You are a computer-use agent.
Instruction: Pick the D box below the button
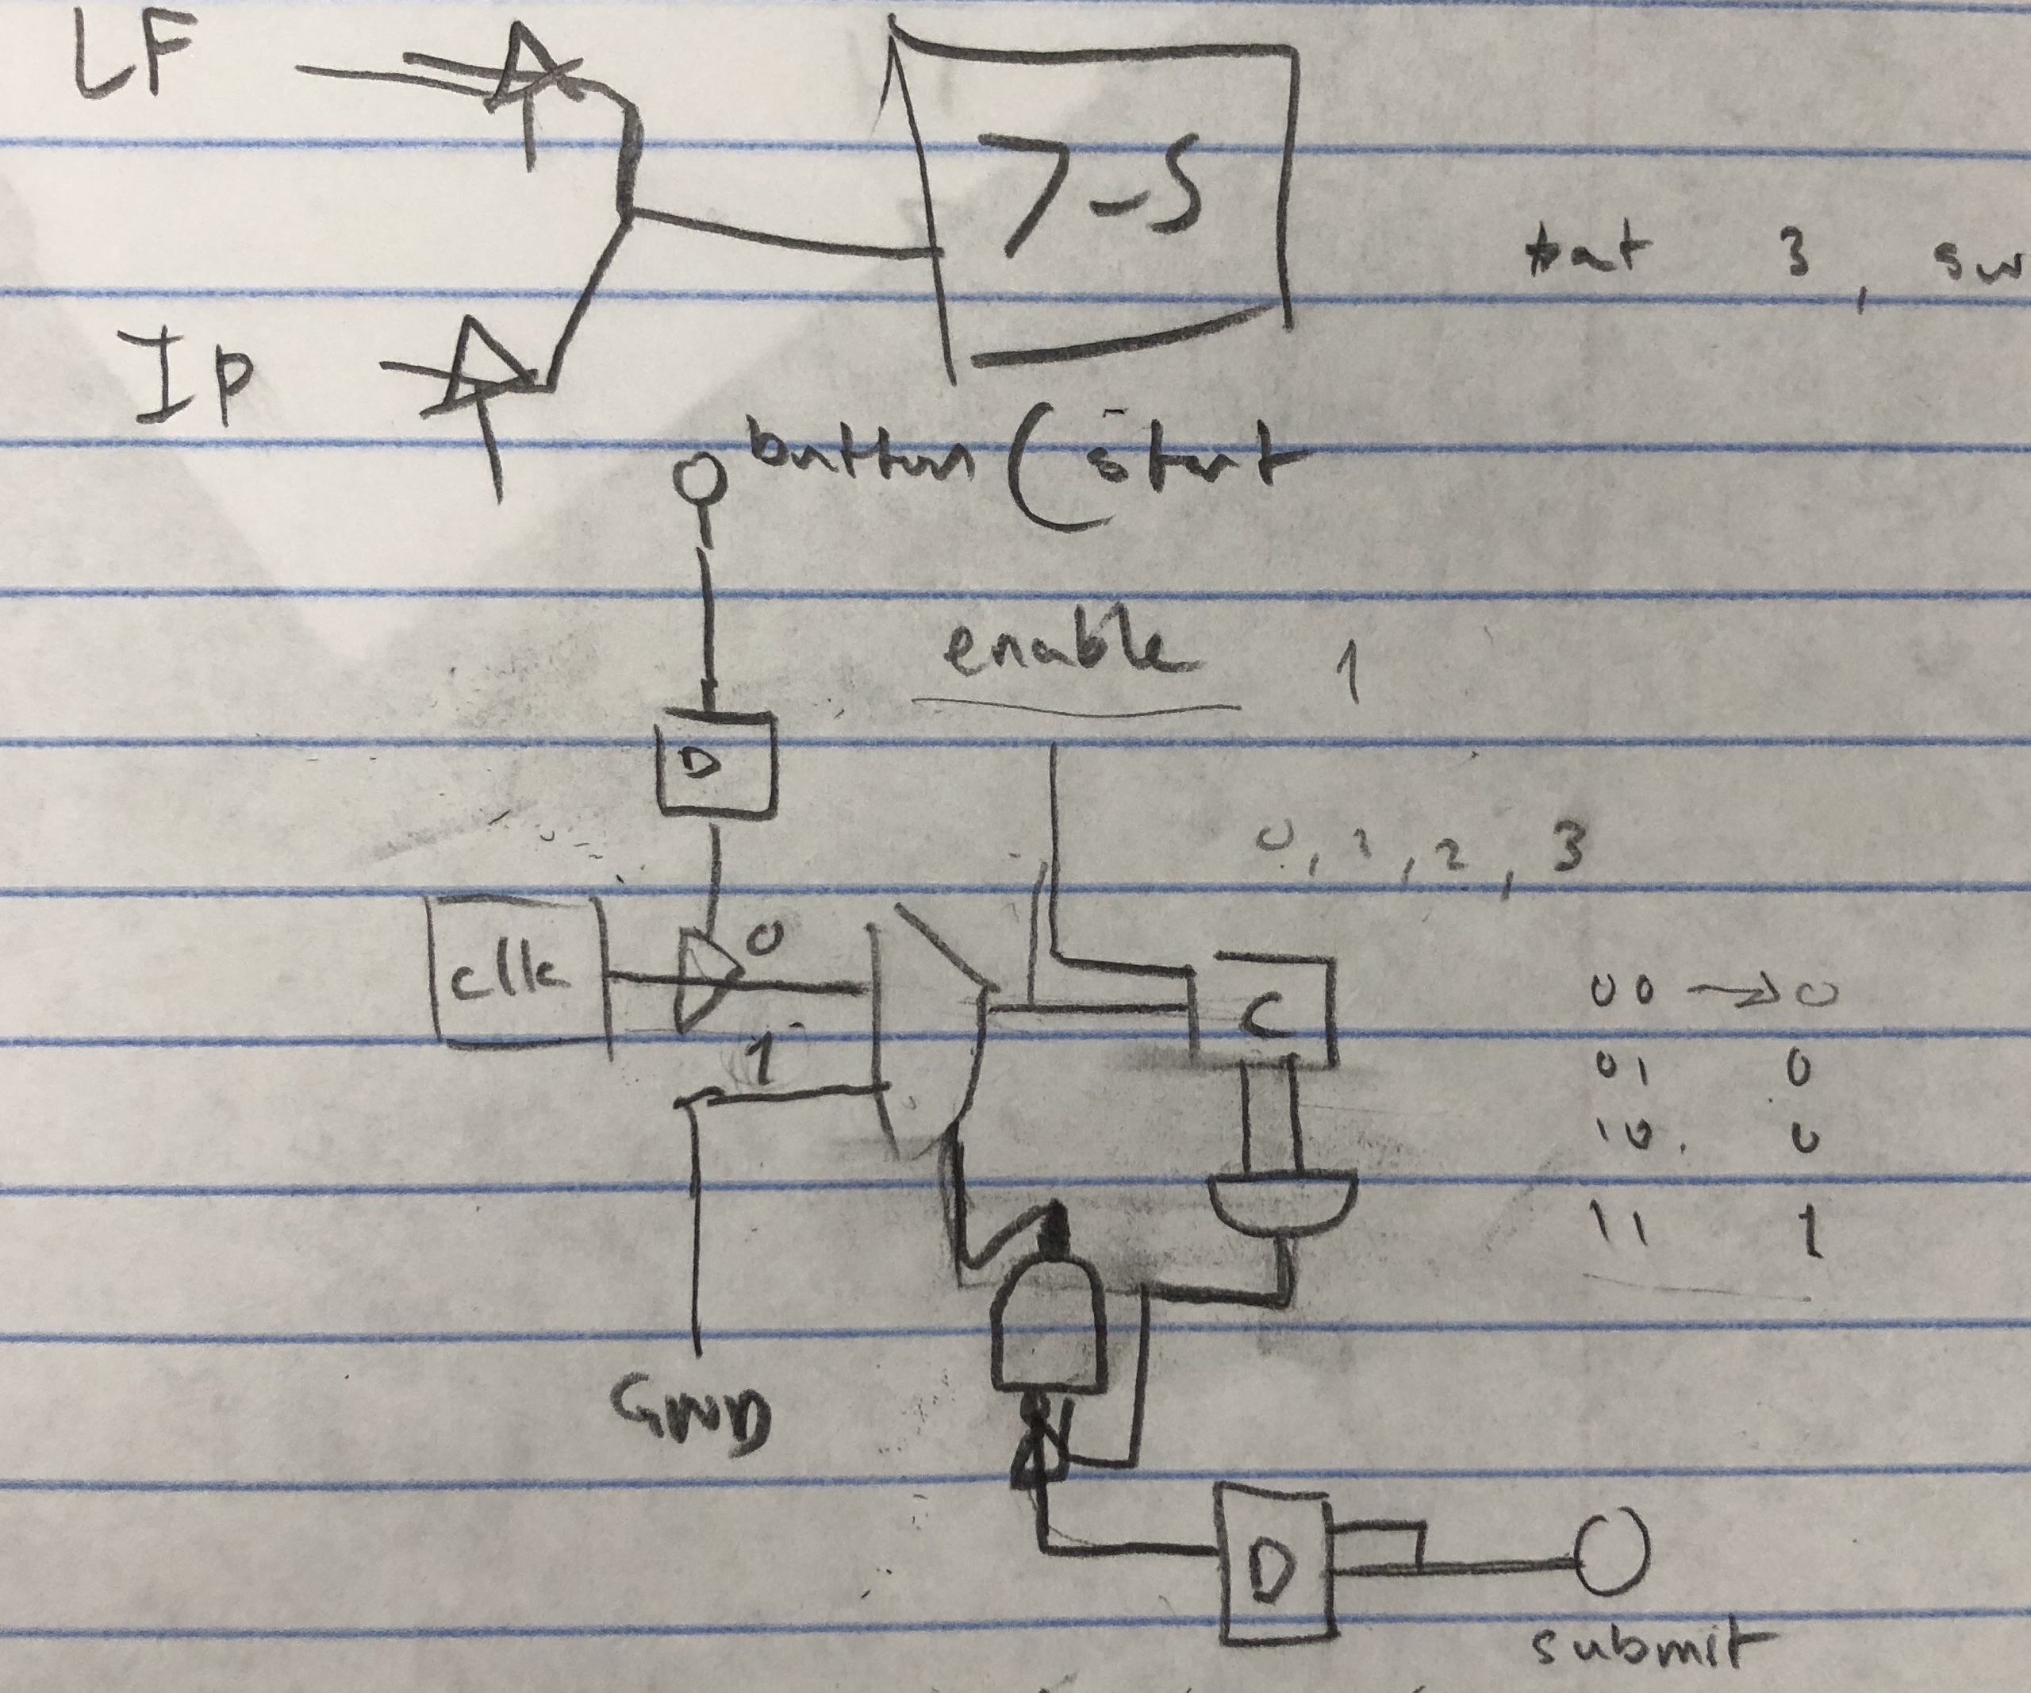click(x=716, y=764)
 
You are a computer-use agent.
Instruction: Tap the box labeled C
click(x=1267, y=1011)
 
